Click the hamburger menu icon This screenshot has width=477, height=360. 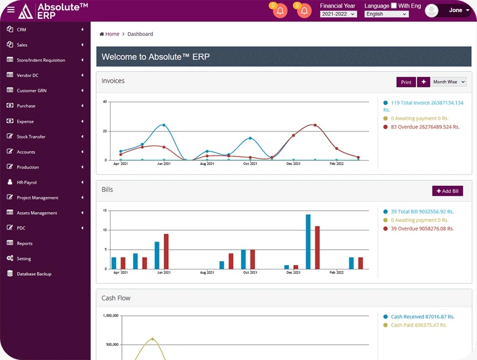[11, 10]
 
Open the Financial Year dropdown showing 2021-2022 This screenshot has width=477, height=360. [337, 14]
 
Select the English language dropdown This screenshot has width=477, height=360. [386, 14]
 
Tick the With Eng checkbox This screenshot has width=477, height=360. [394, 6]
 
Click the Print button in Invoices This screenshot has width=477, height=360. [406, 82]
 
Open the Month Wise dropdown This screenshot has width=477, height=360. [449, 82]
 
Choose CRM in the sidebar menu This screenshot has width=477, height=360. [22, 30]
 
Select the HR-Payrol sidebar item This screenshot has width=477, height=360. [27, 182]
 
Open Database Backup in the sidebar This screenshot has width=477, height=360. [34, 274]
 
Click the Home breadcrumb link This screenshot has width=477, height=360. [112, 34]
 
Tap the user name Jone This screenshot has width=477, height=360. [456, 10]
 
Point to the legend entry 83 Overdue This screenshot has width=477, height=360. [425, 127]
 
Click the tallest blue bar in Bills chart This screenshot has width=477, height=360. [308, 241]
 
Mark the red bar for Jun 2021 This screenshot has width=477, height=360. [166, 251]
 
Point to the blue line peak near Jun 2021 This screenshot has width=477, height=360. [163, 125]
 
